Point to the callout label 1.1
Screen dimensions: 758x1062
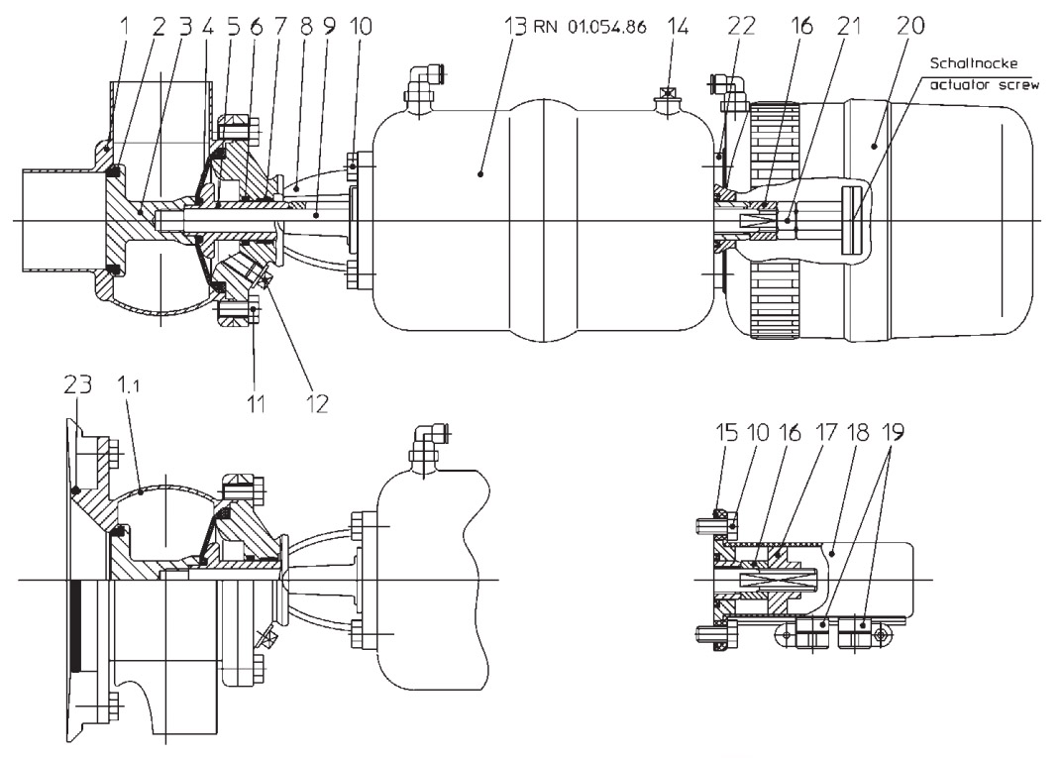pos(143,406)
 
